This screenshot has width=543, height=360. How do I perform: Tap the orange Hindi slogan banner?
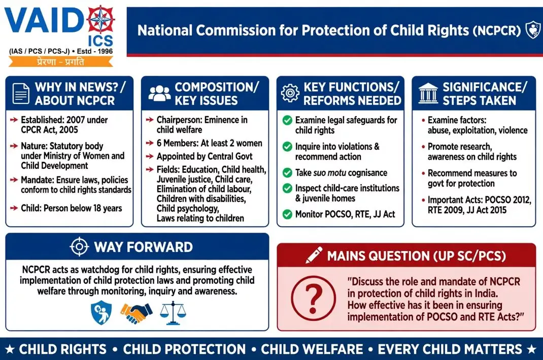[60, 62]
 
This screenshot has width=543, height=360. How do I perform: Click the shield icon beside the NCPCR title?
[533, 29]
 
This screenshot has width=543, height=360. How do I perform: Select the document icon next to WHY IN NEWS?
[21, 93]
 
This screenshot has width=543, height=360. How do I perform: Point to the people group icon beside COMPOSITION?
[159, 93]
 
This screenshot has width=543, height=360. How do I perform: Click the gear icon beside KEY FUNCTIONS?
[290, 93]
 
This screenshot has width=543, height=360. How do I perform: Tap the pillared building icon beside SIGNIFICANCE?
[428, 93]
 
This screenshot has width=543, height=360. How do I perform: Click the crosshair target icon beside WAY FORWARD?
[79, 247]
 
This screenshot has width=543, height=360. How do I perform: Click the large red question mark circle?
[313, 298]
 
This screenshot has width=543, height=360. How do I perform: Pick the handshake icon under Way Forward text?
[136, 312]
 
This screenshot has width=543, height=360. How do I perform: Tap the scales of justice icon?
[173, 313]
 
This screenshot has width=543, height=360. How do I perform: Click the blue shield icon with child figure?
[101, 312]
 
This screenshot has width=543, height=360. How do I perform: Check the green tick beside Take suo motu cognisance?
[287, 172]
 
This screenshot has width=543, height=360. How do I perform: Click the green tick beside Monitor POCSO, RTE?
[287, 214]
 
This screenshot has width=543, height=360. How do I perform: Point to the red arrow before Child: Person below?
[14, 208]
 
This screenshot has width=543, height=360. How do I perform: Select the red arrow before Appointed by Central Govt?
[150, 157]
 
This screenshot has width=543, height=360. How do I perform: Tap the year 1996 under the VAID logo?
[105, 51]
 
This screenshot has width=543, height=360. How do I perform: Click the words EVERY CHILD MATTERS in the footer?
[450, 349]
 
